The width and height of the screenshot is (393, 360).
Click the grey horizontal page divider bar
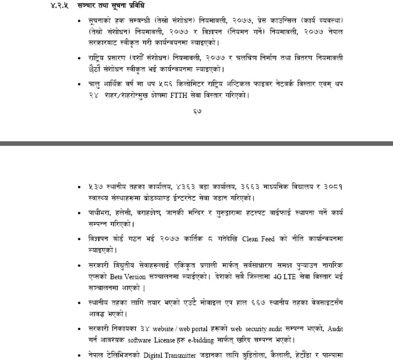tap(196, 143)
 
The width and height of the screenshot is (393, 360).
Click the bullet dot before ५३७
tap(81, 186)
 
